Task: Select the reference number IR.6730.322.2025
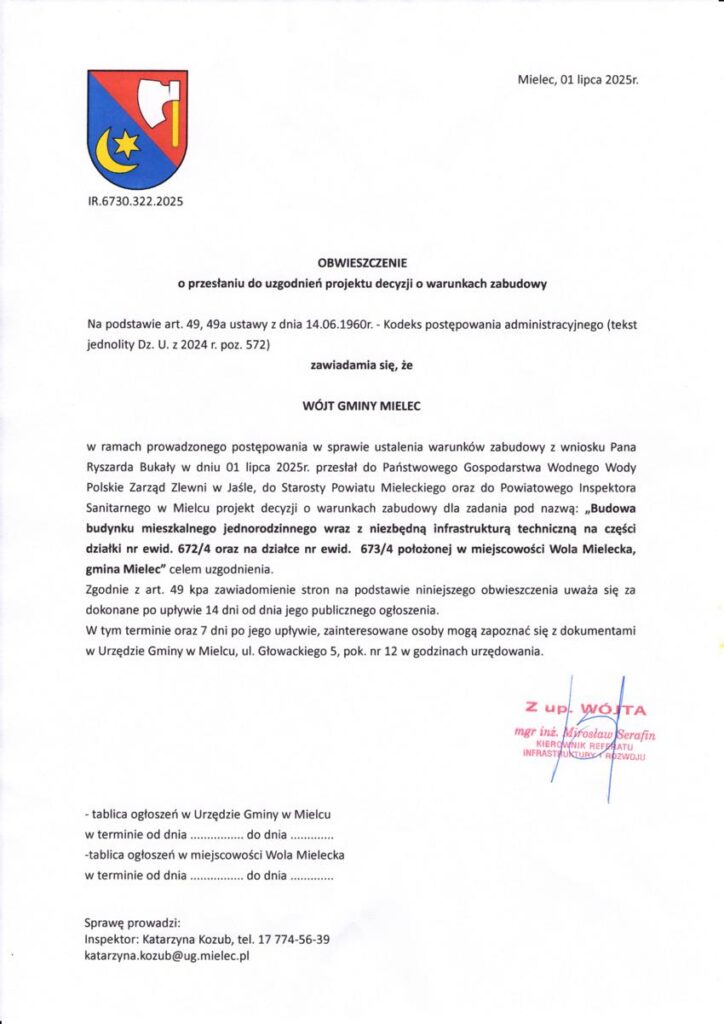(135, 201)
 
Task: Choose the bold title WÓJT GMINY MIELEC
(361, 407)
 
